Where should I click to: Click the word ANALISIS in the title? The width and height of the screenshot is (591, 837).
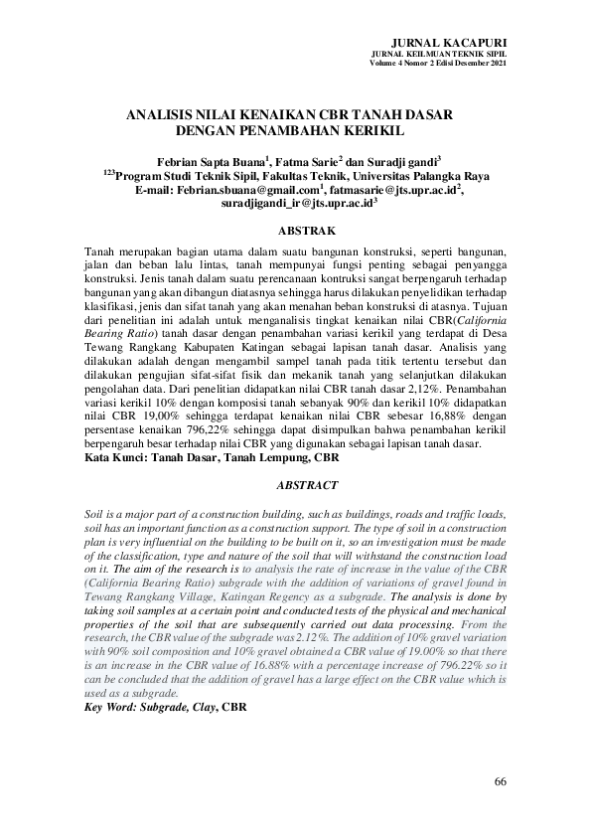pyautogui.click(x=156, y=116)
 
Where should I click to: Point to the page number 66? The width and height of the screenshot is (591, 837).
pyautogui.click(x=500, y=782)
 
